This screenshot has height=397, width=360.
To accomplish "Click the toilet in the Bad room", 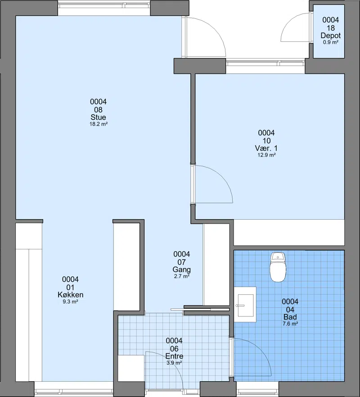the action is click(x=278, y=267).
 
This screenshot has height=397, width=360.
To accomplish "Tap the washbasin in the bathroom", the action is click(x=245, y=304).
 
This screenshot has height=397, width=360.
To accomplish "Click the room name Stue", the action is click(x=98, y=117).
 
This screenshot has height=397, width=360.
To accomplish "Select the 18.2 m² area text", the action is click(x=99, y=124).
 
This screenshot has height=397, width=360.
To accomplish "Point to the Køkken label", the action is click(x=70, y=295).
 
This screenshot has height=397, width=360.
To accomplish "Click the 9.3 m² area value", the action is click(x=70, y=302).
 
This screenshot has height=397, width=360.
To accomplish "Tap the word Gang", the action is click(x=181, y=270).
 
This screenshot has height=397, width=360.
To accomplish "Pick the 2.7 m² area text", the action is click(x=182, y=276).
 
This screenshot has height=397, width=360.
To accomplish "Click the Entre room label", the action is click(x=174, y=356).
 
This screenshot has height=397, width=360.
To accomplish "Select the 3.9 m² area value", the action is click(x=174, y=363).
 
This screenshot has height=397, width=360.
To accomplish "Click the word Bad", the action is click(x=290, y=317).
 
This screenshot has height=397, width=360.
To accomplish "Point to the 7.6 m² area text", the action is click(x=290, y=324).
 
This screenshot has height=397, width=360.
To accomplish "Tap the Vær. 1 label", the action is click(x=266, y=149).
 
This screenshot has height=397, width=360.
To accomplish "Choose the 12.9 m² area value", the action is click(x=266, y=155).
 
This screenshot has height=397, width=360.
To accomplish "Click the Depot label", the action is click(x=331, y=36).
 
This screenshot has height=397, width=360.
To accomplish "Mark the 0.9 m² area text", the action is click(x=331, y=42).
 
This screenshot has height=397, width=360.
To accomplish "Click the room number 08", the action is click(x=98, y=110).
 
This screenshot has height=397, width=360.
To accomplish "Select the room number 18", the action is click(x=331, y=28).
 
